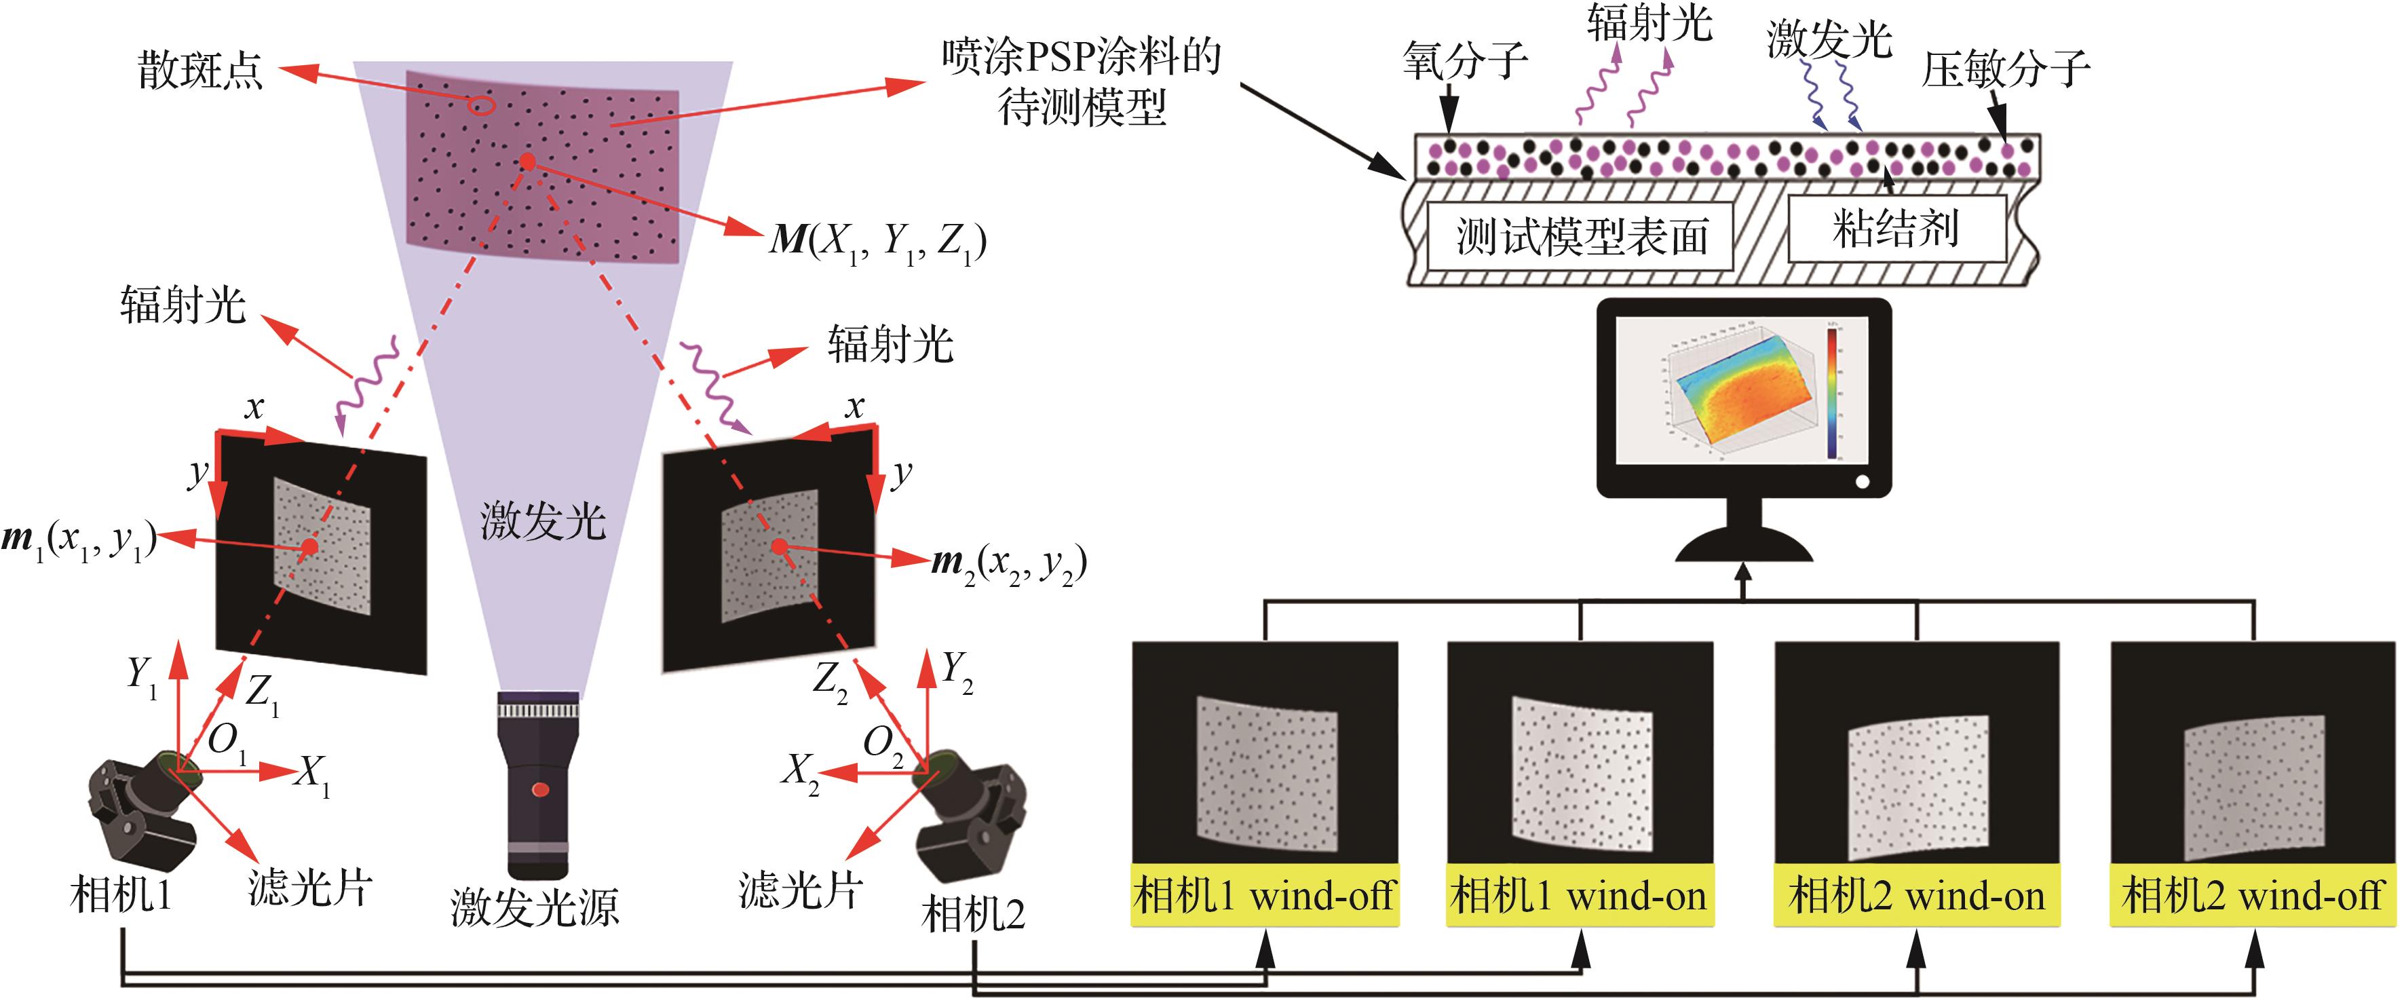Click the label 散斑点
[x=201, y=71]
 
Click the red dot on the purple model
[x=527, y=162]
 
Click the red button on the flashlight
[x=539, y=791]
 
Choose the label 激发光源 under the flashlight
[x=535, y=907]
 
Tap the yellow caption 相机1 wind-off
[x=1265, y=896]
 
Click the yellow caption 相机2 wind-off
[x=2252, y=896]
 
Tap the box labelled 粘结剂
[x=1896, y=229]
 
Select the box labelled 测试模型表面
[x=1581, y=237]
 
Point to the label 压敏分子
[x=2004, y=69]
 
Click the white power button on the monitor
[x=1862, y=482]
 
